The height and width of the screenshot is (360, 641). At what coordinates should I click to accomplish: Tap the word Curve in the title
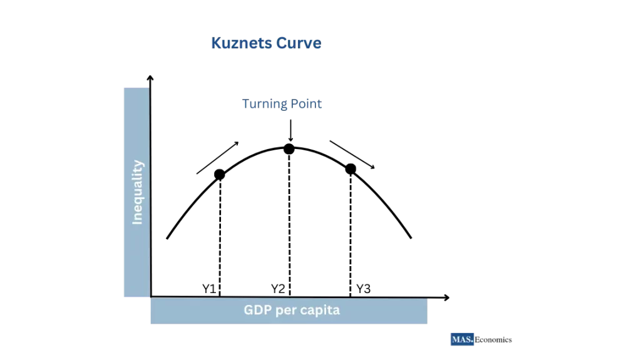pos(298,43)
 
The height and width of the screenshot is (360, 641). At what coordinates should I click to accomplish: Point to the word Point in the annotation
pos(306,104)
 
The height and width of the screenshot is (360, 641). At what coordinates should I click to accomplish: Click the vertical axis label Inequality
pos(137,192)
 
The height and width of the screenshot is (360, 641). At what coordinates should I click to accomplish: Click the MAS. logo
pos(462,339)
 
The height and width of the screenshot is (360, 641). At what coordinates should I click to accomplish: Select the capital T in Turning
pos(246,104)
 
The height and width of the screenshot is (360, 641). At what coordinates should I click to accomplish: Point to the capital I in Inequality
pos(137,221)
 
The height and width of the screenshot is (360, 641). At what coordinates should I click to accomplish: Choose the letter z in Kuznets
pos(233,44)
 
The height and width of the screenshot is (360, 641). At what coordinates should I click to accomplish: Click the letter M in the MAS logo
pos(456,339)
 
